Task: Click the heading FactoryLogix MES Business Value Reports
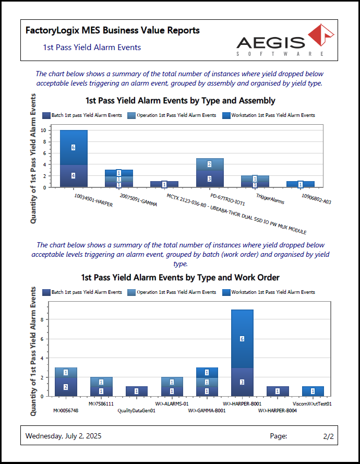(112, 31)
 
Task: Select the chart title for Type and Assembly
(180, 100)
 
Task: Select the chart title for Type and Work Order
(180, 278)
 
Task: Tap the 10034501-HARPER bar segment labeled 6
(74, 147)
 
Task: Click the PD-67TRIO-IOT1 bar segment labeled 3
(209, 179)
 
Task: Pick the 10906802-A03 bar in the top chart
(300, 184)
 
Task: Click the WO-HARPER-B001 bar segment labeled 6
(242, 339)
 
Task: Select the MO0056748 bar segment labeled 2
(66, 387)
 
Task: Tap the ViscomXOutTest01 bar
(313, 391)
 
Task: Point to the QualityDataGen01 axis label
(136, 411)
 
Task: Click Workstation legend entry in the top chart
(269, 115)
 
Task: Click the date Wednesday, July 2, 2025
(64, 436)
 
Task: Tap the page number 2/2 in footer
(328, 436)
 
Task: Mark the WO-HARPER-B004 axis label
(277, 411)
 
